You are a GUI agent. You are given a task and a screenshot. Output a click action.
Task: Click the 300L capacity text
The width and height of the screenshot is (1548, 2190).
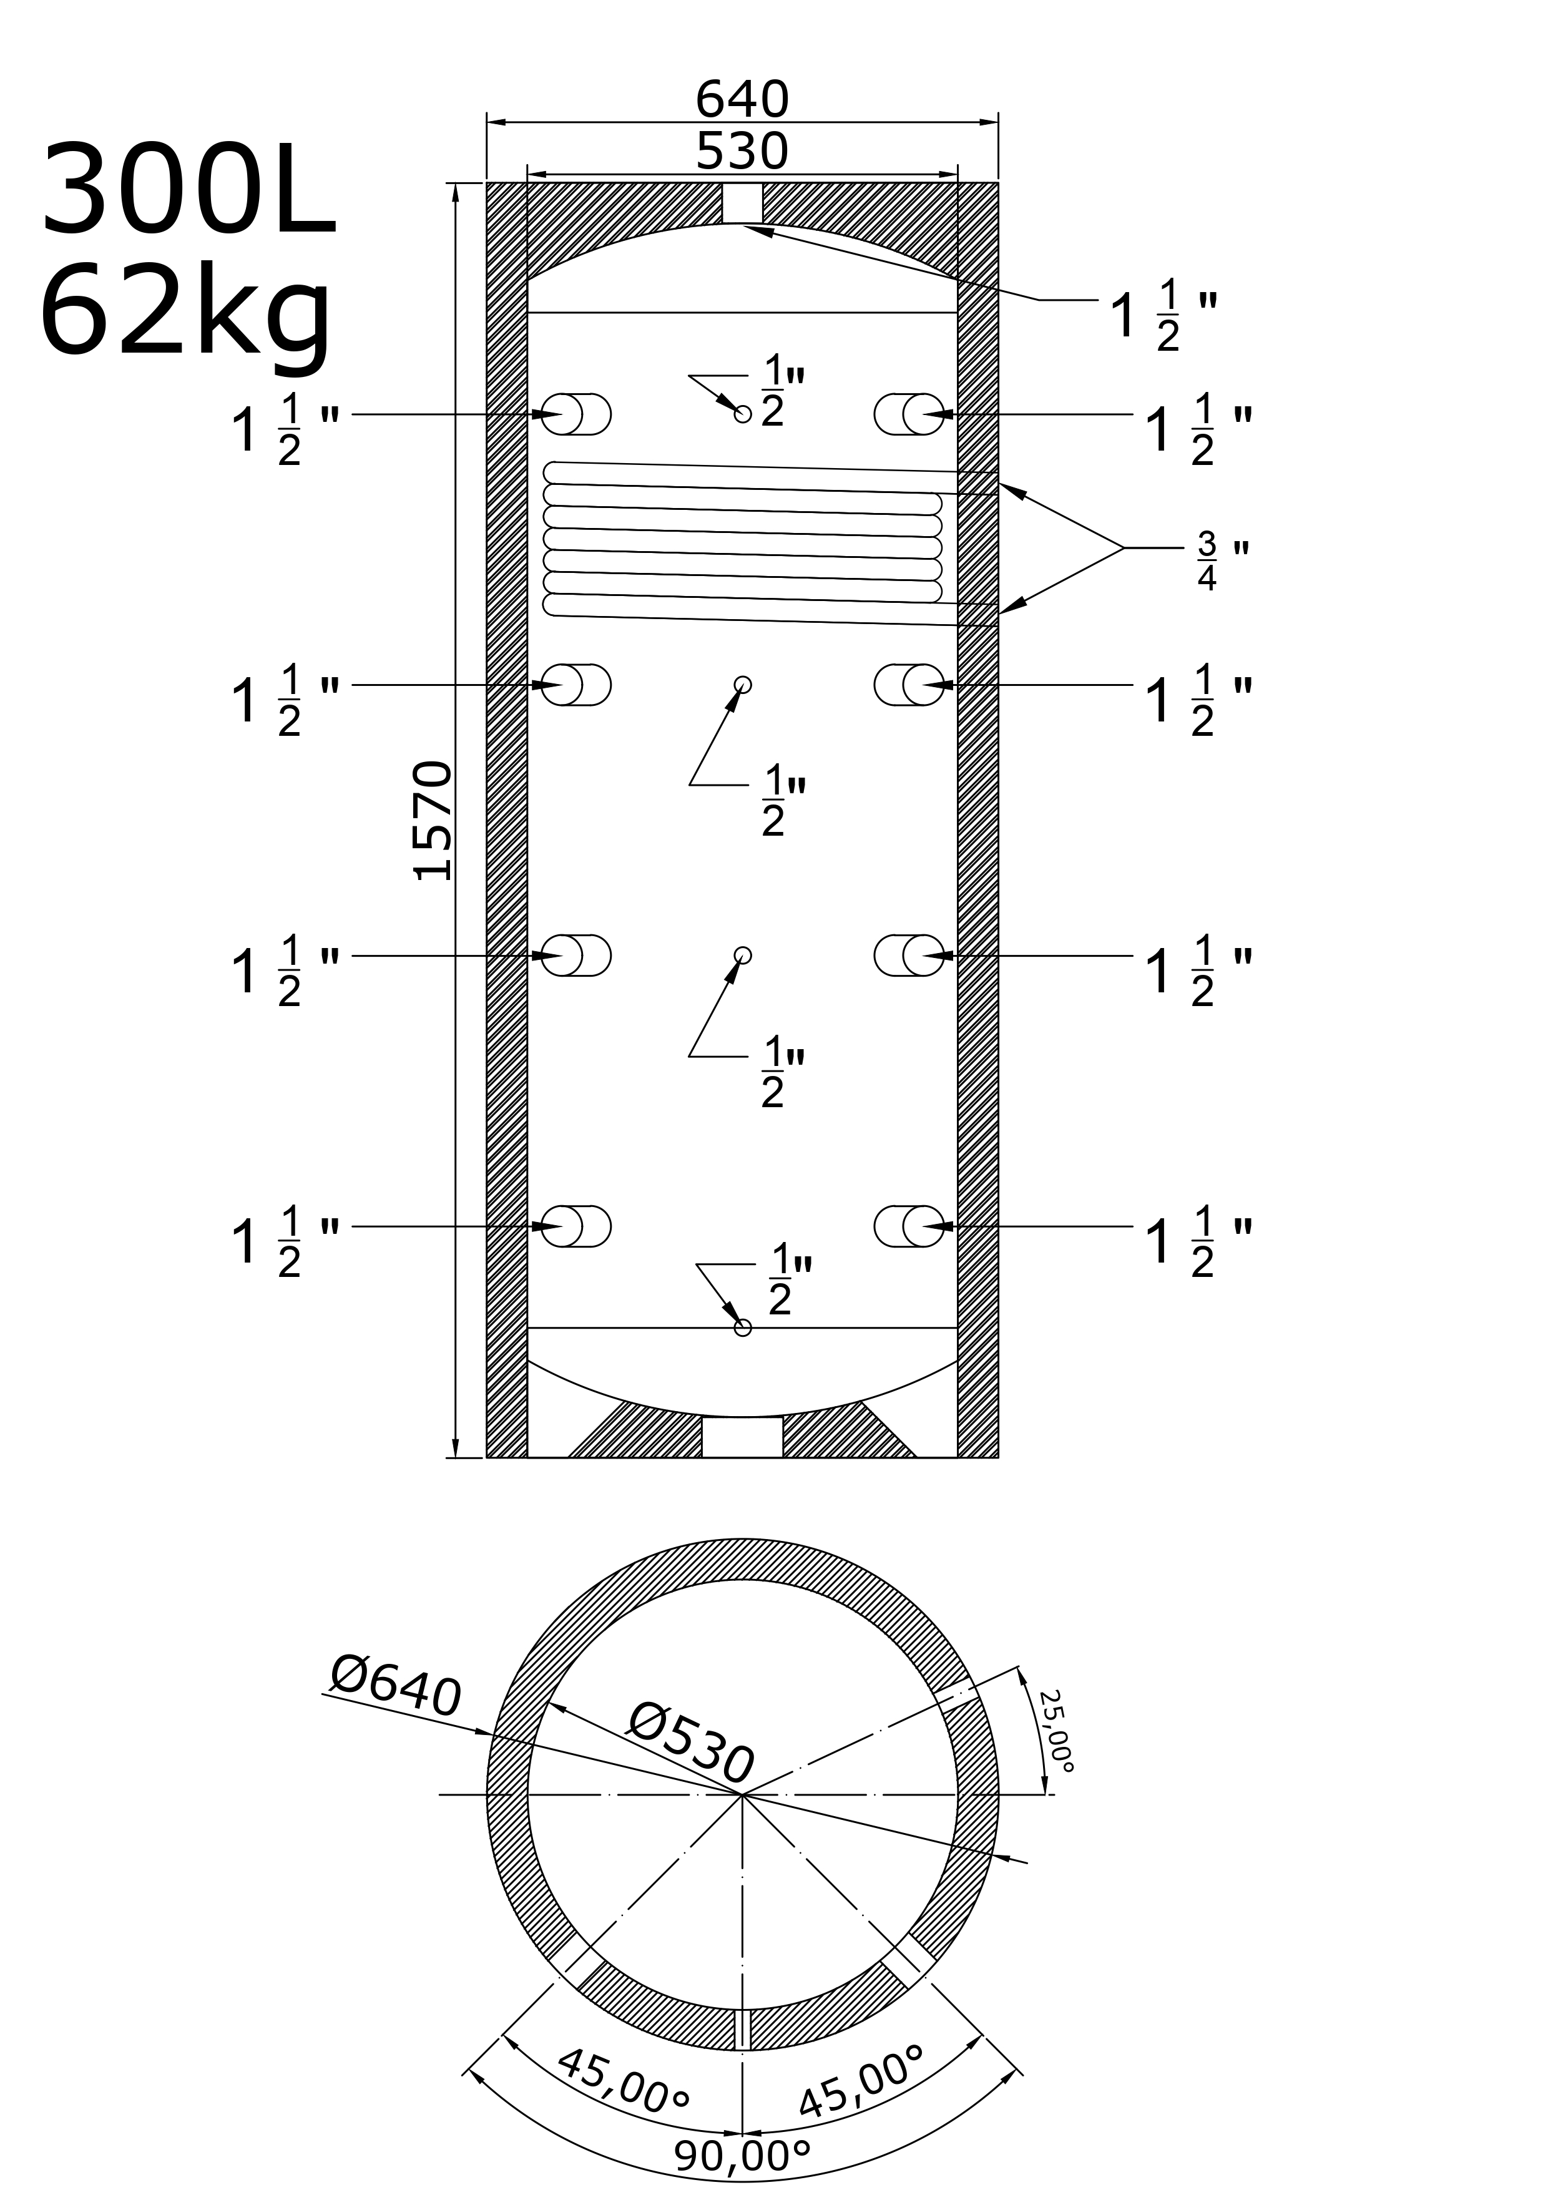(189, 189)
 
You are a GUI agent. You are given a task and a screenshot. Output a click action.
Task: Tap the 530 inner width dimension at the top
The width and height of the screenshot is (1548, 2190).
(742, 150)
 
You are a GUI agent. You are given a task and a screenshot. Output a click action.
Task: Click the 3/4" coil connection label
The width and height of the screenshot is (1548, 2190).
(1222, 562)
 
